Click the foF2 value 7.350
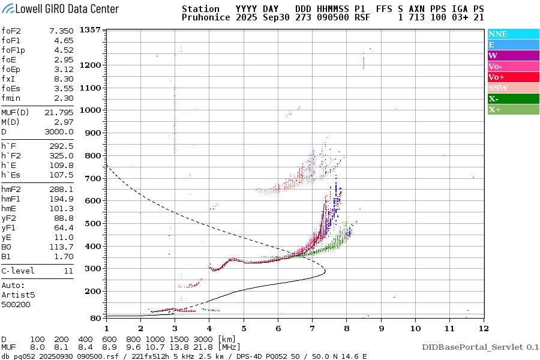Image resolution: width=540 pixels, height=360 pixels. tap(61, 31)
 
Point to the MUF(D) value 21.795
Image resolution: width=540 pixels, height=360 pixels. tap(59, 112)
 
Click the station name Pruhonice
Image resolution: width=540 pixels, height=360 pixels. tap(206, 18)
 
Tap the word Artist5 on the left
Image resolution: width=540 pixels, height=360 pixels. tap(18, 295)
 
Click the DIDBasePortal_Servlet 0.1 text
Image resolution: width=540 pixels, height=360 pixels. tap(480, 347)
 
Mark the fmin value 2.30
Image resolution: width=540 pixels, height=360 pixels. tap(64, 98)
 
